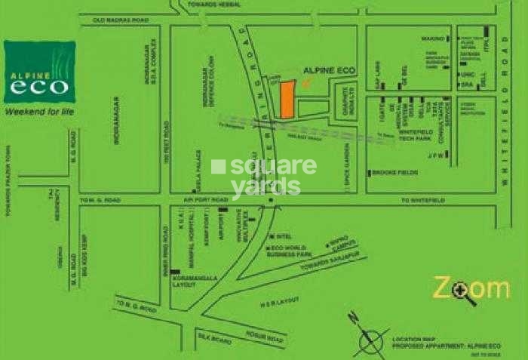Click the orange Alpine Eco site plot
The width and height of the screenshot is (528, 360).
[x=287, y=99]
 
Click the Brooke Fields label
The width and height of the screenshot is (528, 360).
[x=391, y=173]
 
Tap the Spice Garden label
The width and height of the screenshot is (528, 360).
[x=349, y=177]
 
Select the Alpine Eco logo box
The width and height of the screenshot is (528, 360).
[x=39, y=72]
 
